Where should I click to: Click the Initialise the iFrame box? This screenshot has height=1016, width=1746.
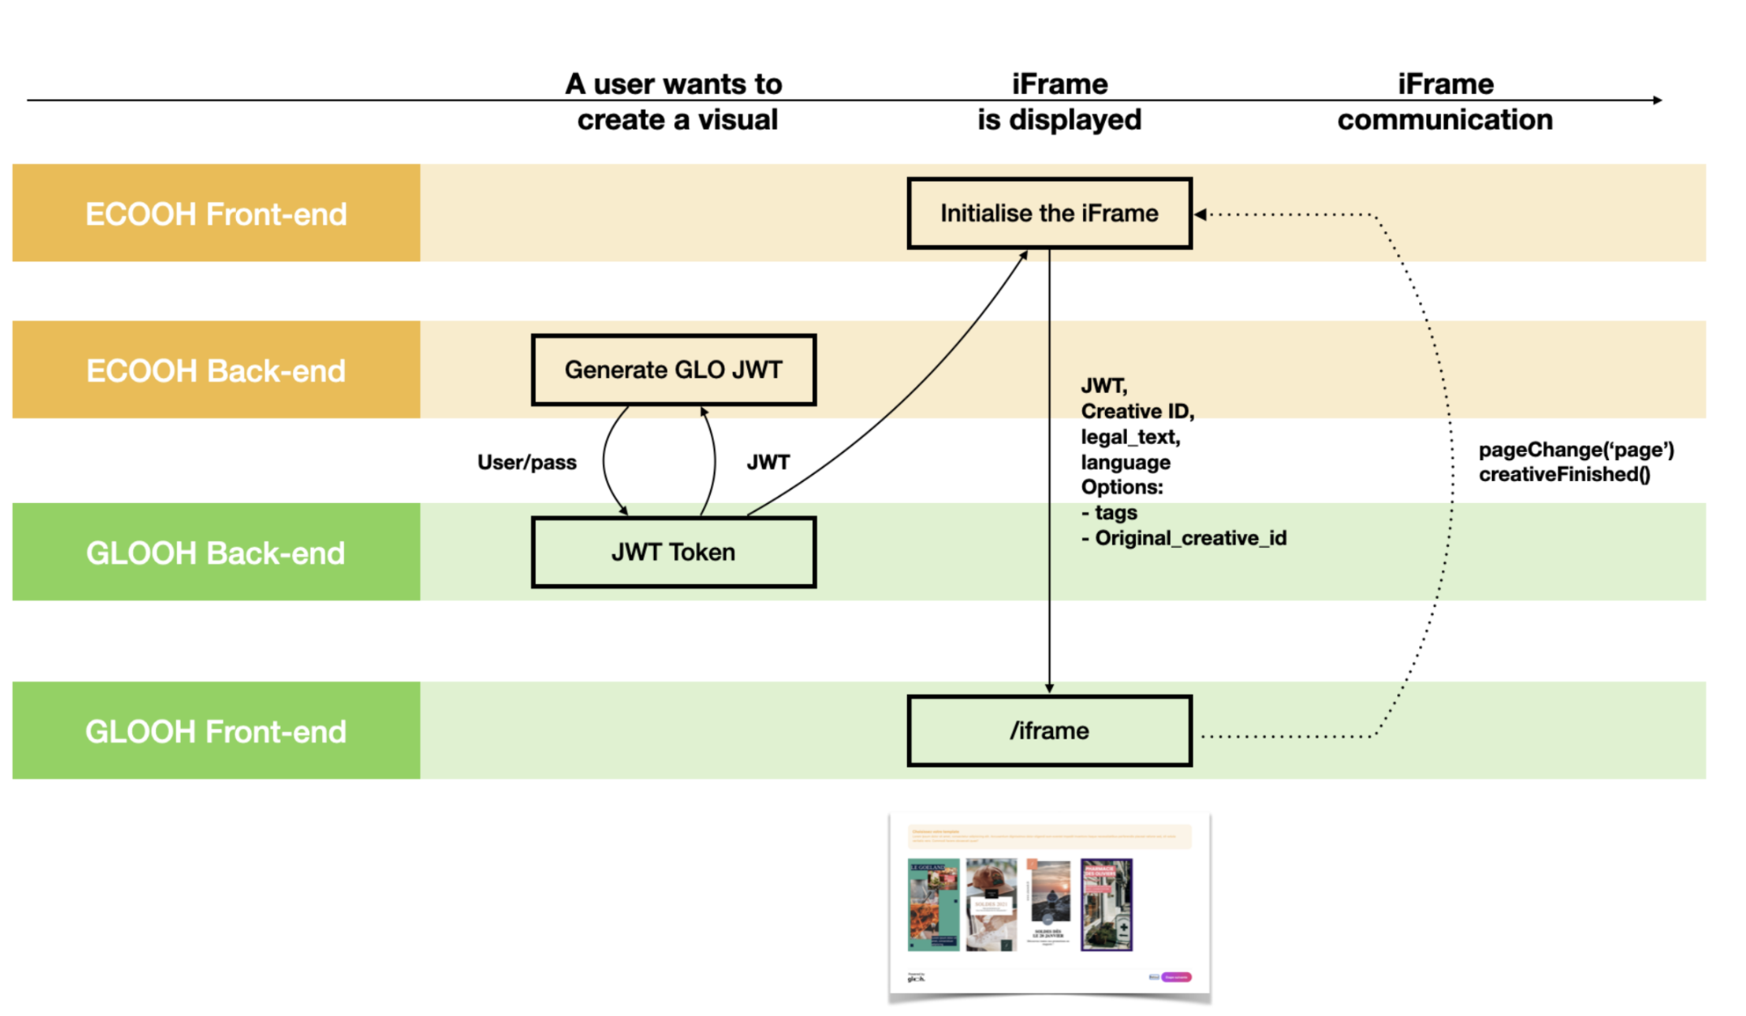(1049, 213)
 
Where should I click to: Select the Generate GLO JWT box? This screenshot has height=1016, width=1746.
(673, 370)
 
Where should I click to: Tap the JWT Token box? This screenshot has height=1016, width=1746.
(673, 553)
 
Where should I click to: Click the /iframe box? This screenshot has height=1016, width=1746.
(1049, 731)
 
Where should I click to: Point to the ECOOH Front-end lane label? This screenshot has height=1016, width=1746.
(216, 213)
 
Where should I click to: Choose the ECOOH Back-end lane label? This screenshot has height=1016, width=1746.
(216, 370)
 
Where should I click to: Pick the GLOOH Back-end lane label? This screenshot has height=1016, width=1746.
(216, 553)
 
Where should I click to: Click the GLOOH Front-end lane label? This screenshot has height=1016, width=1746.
(216, 731)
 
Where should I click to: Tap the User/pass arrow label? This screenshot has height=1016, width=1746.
(527, 463)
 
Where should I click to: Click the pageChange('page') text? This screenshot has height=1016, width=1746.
(1576, 450)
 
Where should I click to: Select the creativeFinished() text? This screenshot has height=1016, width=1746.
(1564, 475)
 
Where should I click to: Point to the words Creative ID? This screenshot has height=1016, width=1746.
(1137, 411)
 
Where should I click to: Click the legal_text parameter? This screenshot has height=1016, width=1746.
(1130, 437)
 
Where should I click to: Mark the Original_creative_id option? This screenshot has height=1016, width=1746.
(1190, 538)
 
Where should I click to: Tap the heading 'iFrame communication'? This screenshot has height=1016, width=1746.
(1445, 102)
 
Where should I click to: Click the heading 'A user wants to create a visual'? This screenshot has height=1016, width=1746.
(676, 102)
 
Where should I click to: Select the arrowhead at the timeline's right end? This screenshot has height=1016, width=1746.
(1658, 101)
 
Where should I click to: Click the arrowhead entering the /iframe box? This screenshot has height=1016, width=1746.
(1049, 688)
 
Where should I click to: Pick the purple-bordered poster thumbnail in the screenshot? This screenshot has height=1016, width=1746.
(1106, 905)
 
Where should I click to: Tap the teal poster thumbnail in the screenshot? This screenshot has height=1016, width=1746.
(933, 905)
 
